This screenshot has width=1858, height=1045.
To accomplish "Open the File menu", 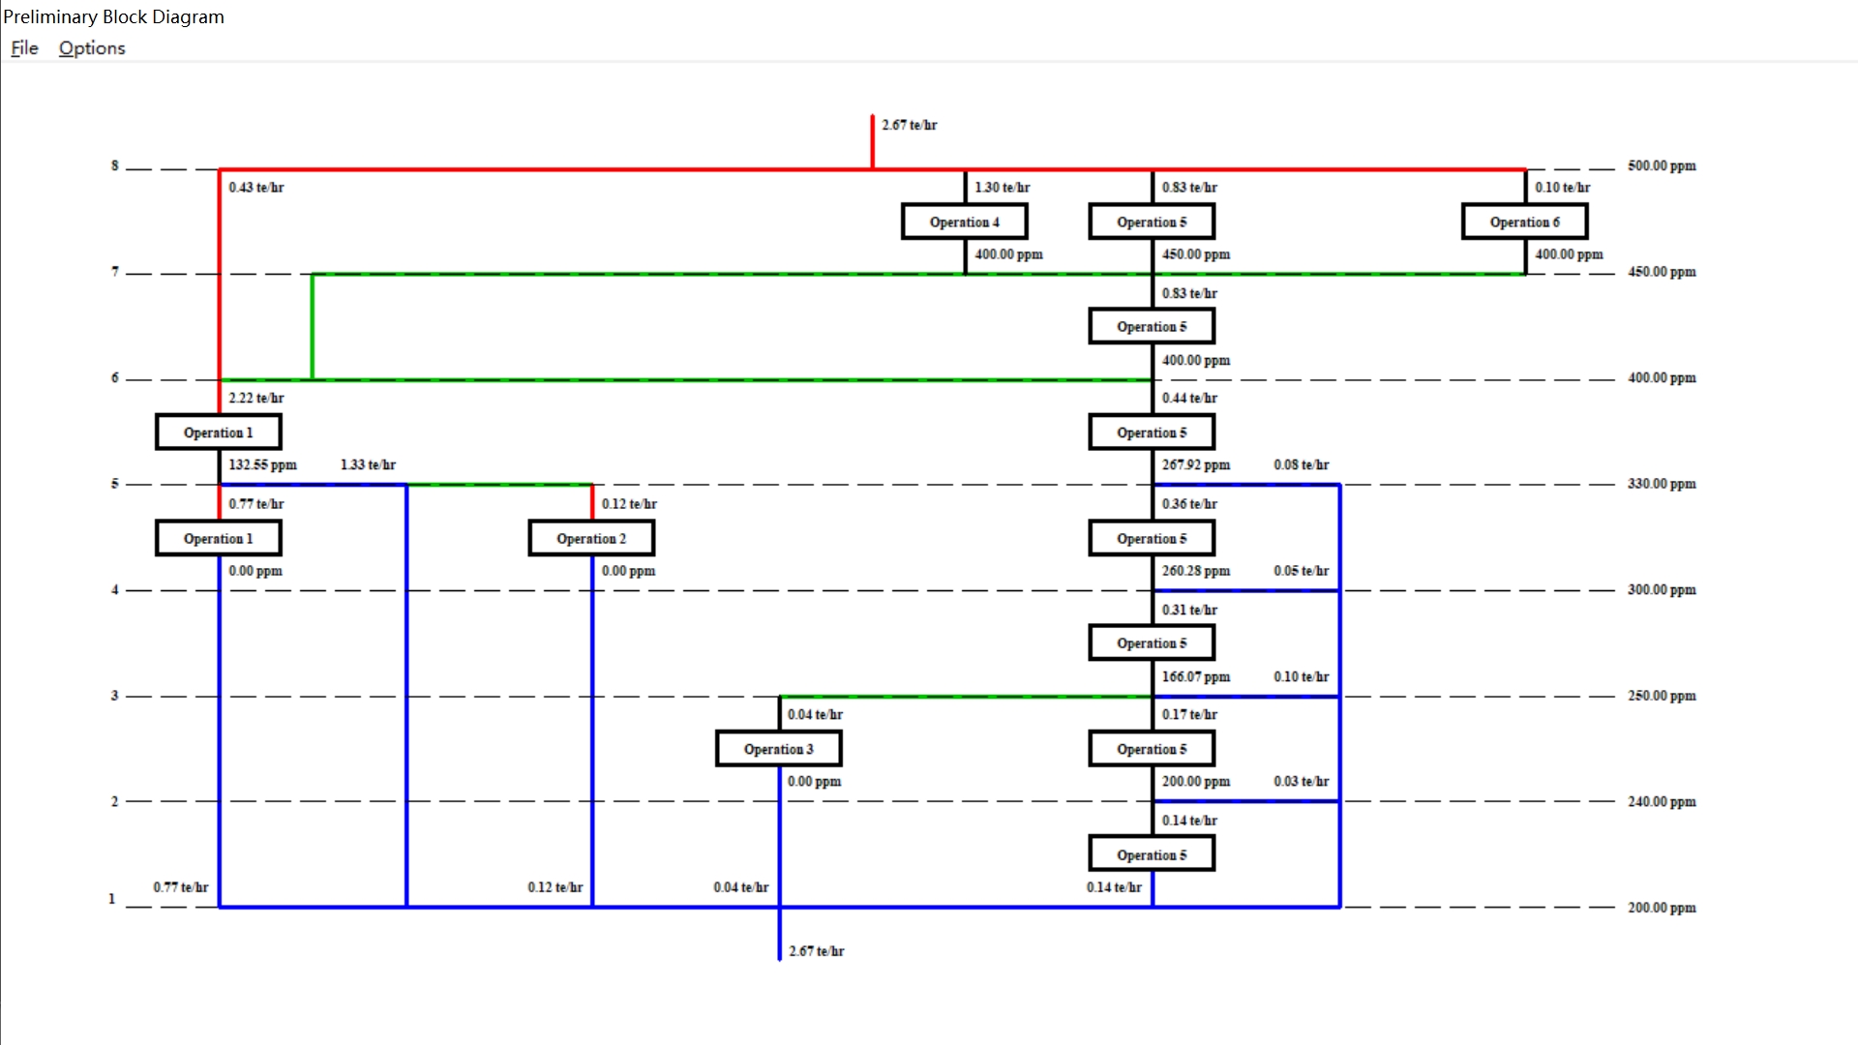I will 24,48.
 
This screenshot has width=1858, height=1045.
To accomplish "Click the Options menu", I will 92,48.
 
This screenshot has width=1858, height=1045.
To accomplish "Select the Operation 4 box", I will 964,222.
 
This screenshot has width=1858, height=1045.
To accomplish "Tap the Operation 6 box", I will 1524,222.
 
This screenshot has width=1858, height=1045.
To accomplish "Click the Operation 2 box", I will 591,538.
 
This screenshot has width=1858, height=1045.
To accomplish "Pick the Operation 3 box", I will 778,749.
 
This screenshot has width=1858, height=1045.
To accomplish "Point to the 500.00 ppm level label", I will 1661,165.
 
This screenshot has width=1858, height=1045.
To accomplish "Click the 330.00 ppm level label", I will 1661,484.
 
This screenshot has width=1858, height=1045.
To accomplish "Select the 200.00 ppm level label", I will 1661,908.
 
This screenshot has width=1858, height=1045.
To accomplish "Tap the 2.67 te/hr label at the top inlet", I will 909,125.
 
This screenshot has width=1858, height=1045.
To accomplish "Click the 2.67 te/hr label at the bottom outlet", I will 816,951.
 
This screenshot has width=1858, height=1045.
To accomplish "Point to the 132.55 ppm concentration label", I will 262,464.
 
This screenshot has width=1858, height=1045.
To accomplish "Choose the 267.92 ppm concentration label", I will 1195,464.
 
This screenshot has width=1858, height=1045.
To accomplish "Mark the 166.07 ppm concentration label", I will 1195,676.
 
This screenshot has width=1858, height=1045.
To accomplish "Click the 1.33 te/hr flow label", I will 368,464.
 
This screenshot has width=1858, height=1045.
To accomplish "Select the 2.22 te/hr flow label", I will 256,398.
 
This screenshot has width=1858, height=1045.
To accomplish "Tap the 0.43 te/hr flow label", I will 256,187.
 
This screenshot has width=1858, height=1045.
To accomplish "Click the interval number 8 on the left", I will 114,165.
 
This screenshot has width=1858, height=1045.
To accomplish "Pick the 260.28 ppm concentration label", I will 1195,571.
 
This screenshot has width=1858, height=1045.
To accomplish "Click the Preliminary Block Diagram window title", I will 113,16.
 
